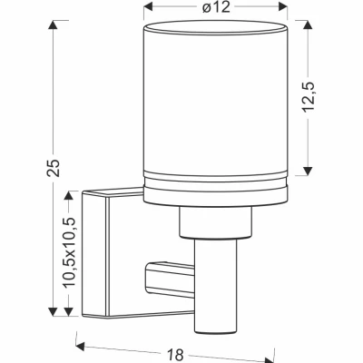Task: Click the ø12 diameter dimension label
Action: pos(216,7)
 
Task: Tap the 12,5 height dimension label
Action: pos(309,97)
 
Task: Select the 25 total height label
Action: pos(54,168)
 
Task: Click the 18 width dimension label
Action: pos(175,353)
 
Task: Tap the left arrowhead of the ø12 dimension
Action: pos(148,6)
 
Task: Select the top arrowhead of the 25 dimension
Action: pos(54,25)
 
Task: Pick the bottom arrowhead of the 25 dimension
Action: pos(54,311)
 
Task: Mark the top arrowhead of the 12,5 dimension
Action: pos(308,25)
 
